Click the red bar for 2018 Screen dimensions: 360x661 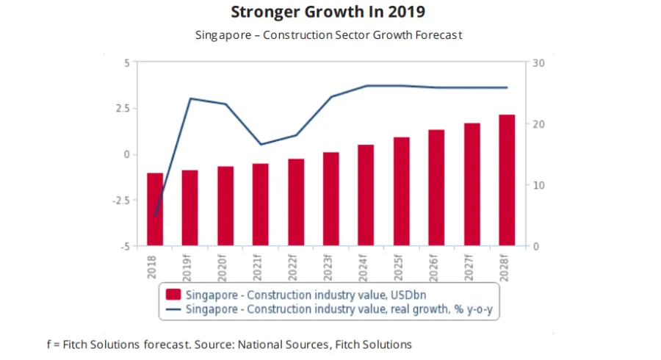point(155,209)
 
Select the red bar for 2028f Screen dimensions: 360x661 point(507,180)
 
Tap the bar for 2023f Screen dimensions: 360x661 point(330,198)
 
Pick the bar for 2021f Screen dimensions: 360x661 point(261,204)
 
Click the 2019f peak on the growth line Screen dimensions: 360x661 point(190,98)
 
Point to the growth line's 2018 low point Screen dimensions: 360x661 point(156,215)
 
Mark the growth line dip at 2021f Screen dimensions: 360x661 point(261,144)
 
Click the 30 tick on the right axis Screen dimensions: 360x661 point(538,62)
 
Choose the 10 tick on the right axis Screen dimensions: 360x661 point(538,185)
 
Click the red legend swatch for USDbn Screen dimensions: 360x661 point(173,295)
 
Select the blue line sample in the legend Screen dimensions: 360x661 point(173,309)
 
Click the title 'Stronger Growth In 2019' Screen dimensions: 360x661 point(328,12)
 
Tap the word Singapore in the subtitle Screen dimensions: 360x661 point(220,35)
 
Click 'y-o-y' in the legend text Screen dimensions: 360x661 point(480,309)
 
